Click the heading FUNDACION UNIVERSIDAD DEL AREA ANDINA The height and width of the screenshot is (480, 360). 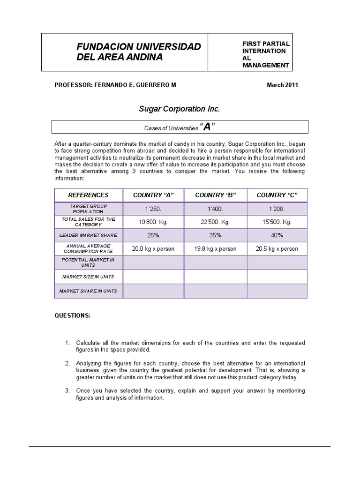point(139,52)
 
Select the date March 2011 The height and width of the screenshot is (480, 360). point(282,85)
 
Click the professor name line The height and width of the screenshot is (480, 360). point(116,85)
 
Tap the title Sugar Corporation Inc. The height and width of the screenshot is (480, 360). point(179,109)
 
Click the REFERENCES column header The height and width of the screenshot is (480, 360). point(88,195)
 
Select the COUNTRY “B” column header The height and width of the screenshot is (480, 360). point(216,195)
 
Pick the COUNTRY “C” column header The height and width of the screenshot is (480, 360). point(277,195)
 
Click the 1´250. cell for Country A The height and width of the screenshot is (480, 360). point(153,209)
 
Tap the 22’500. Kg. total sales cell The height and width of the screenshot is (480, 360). point(216,222)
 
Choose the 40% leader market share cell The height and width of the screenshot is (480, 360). point(277,235)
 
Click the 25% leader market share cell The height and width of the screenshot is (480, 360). point(153,235)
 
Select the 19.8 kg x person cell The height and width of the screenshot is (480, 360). point(216,249)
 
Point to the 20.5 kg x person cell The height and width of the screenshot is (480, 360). point(277,249)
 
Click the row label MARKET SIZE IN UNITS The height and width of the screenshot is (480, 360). point(88,277)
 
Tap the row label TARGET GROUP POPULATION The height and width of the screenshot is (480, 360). point(88,209)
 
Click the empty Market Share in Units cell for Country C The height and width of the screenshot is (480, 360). point(277,291)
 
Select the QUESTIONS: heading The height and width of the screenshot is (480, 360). point(72,315)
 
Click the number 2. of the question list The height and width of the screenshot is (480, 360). point(67,363)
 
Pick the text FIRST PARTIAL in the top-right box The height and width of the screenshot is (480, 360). point(266,44)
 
